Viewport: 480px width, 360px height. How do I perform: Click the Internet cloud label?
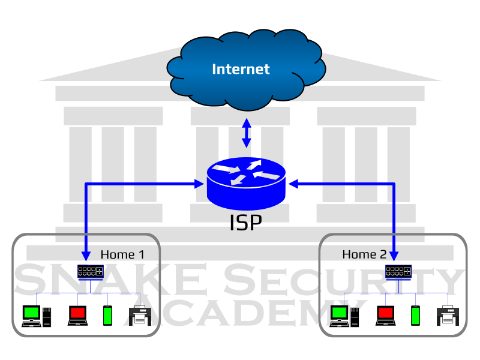coord(241,69)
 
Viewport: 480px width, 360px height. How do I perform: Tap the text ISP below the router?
coord(246,223)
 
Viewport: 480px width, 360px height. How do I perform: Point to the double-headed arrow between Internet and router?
coord(246,133)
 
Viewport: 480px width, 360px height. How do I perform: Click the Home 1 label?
coord(122,254)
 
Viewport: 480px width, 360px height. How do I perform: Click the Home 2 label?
coord(364,254)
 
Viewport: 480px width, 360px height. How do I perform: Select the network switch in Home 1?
coord(91,272)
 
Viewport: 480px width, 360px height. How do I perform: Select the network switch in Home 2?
coord(398,272)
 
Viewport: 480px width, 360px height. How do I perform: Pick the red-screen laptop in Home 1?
coord(77,315)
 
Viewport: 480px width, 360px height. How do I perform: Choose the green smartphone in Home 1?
coord(107,315)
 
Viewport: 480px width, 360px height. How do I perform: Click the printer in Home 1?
coord(138,315)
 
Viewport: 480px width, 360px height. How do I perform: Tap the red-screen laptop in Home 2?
coord(385,315)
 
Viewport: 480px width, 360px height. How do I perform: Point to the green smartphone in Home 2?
coord(415,315)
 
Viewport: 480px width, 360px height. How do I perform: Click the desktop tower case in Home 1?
coord(47,316)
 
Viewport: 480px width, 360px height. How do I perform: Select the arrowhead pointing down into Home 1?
coord(86,256)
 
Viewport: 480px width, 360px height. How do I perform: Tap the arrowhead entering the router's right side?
coord(293,183)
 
